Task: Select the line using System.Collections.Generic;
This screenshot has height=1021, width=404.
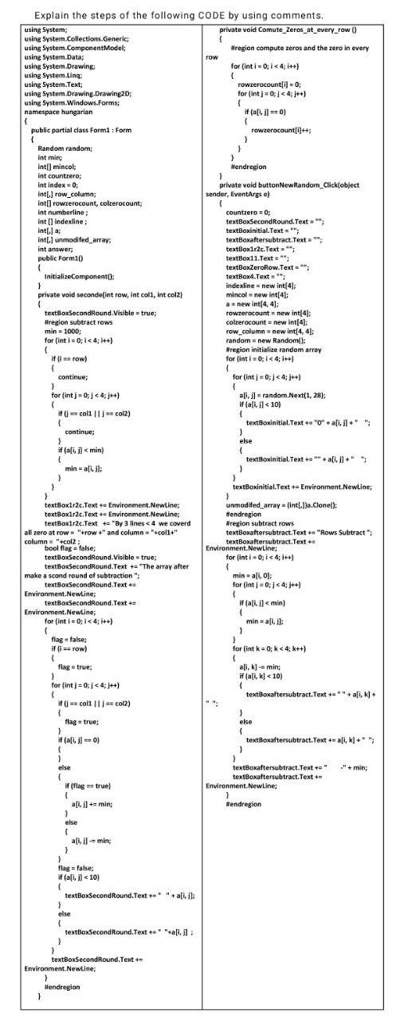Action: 76,38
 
